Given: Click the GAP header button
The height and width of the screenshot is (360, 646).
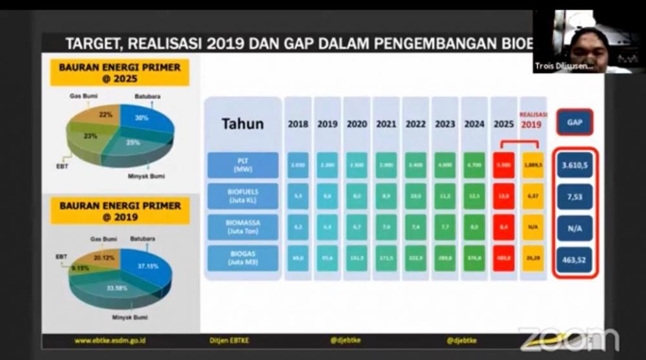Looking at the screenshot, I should point(574,122).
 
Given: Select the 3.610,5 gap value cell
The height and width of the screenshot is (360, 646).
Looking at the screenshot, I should point(574,165).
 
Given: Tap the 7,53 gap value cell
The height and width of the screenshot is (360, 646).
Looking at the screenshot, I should point(574,196).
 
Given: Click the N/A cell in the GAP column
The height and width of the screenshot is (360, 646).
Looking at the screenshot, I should point(574,228).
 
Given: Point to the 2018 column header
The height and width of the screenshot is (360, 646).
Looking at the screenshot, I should point(298,124).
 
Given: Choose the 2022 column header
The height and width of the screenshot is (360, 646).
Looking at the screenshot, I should point(415,124).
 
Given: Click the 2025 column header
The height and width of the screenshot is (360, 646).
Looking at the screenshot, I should point(503,124).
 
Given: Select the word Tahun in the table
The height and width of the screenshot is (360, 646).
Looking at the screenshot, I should point(242,123).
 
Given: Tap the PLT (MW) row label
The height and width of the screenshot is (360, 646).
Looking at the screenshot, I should point(242,165).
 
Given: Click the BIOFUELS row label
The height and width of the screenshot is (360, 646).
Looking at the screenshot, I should point(242,196).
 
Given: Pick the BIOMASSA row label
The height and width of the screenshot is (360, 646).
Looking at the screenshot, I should point(242,228).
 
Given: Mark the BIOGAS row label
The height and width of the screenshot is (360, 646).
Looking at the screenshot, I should point(242,259).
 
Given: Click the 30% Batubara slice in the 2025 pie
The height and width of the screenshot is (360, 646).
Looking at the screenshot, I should point(143,120).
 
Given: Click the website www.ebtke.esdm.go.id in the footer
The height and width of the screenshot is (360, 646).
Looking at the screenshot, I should point(110,340).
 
